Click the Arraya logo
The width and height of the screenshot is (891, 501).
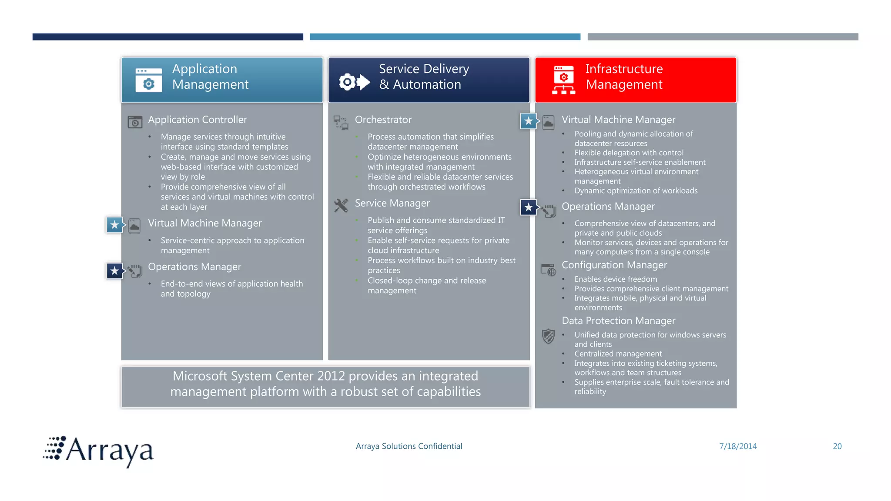[99, 451]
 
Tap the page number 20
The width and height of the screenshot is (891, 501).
[837, 446]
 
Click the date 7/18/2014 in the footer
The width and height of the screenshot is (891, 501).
[738, 446]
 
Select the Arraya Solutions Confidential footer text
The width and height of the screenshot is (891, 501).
[409, 446]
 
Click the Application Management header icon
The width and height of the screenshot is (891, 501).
[148, 80]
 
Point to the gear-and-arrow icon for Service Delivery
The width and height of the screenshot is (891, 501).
[354, 82]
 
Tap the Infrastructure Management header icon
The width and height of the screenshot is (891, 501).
[563, 80]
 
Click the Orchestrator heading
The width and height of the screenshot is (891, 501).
[383, 120]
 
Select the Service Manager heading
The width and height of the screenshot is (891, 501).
[392, 203]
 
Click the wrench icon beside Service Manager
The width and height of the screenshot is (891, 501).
[341, 205]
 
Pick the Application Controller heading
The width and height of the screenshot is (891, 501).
[197, 120]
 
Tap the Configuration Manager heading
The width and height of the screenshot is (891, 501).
[614, 265]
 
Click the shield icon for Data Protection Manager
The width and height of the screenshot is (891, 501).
[548, 336]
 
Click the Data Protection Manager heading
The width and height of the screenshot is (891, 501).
[618, 321]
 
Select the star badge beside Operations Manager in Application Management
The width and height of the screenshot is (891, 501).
[115, 271]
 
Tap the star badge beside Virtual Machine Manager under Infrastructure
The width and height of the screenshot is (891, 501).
[529, 121]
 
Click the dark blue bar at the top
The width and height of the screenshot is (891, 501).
[167, 37]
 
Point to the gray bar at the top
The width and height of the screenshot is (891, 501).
[723, 37]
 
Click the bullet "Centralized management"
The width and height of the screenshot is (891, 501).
[618, 354]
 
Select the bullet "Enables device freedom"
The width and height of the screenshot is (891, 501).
[616, 279]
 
